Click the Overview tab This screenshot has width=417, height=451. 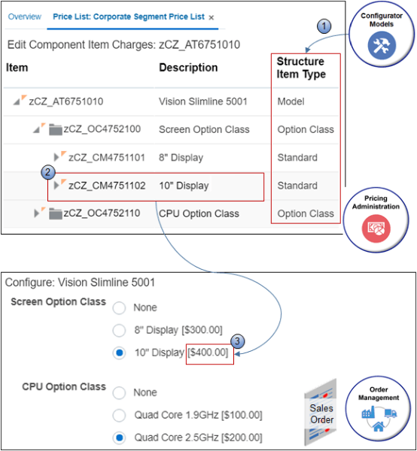(x=24, y=17)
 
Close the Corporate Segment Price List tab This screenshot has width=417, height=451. (x=212, y=17)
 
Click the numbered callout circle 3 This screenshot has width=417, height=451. (x=239, y=341)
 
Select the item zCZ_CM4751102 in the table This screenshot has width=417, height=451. (x=106, y=186)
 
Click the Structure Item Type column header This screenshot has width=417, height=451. (x=300, y=68)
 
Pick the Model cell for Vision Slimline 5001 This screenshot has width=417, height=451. (x=291, y=101)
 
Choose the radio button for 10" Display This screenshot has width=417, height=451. (x=119, y=353)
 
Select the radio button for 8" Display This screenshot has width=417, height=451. (x=119, y=330)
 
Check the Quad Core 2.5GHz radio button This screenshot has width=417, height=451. (x=119, y=437)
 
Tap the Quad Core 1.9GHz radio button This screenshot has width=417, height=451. (x=119, y=415)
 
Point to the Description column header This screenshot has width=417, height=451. (x=188, y=68)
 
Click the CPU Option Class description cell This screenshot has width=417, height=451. (x=199, y=214)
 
